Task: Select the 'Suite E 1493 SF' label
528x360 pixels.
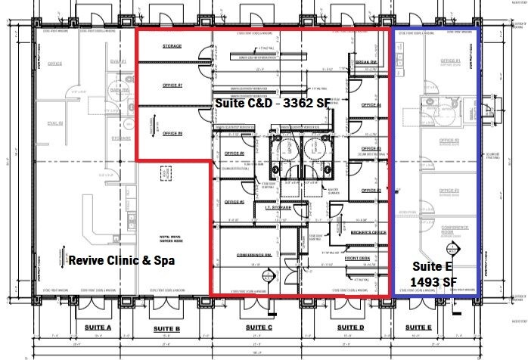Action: pos(433,274)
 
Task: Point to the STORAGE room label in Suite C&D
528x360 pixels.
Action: pos(172,46)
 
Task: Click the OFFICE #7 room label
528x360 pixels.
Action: pos(173,85)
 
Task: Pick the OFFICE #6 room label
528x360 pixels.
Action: pos(235,154)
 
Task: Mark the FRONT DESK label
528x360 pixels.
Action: pos(356,258)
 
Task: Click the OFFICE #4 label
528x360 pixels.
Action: pos(371,105)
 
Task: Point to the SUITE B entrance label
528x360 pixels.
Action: pos(166,328)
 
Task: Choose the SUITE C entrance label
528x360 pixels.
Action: pos(259,327)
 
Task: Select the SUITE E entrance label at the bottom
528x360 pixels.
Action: pos(418,327)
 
